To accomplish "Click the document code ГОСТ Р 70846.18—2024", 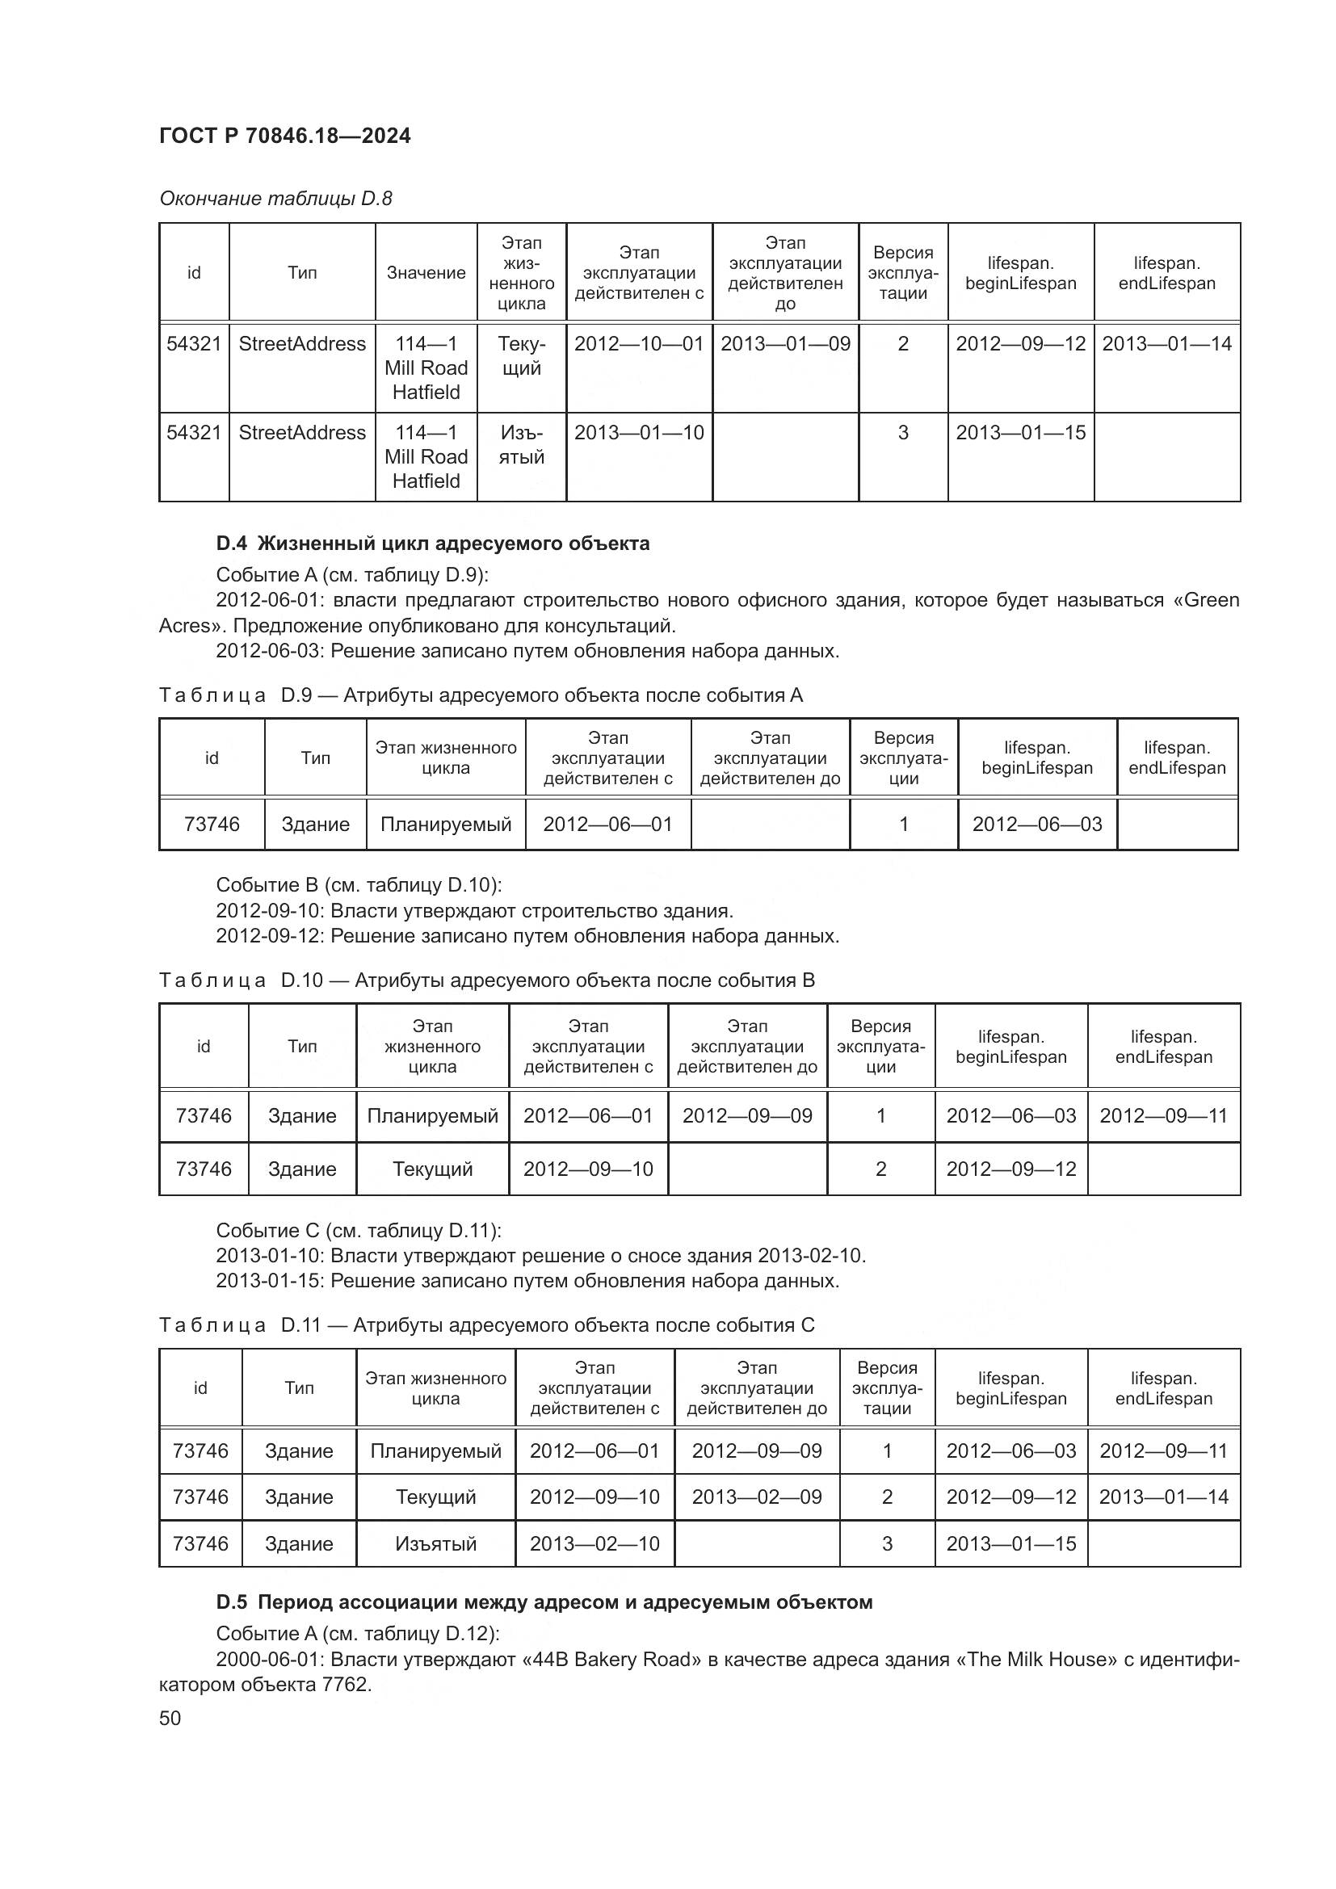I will (284, 136).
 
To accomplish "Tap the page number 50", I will (170, 1718).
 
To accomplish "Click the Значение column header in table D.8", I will (426, 272).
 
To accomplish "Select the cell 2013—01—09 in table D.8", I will (785, 344).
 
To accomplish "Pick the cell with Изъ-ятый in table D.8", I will (522, 444).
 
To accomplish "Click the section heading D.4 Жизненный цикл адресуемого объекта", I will (433, 543).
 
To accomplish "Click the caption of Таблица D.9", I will (481, 695).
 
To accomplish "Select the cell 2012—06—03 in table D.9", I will (1036, 824).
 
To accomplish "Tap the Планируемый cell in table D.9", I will (445, 824).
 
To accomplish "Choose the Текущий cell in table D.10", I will (433, 1169).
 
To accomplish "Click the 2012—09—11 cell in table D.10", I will (1163, 1115).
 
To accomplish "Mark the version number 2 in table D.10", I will (880, 1169).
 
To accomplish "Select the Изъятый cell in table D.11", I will (435, 1543).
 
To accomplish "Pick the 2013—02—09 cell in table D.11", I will (756, 1497).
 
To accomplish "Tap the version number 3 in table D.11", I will (887, 1543).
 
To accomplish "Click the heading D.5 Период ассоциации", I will (544, 1601).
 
